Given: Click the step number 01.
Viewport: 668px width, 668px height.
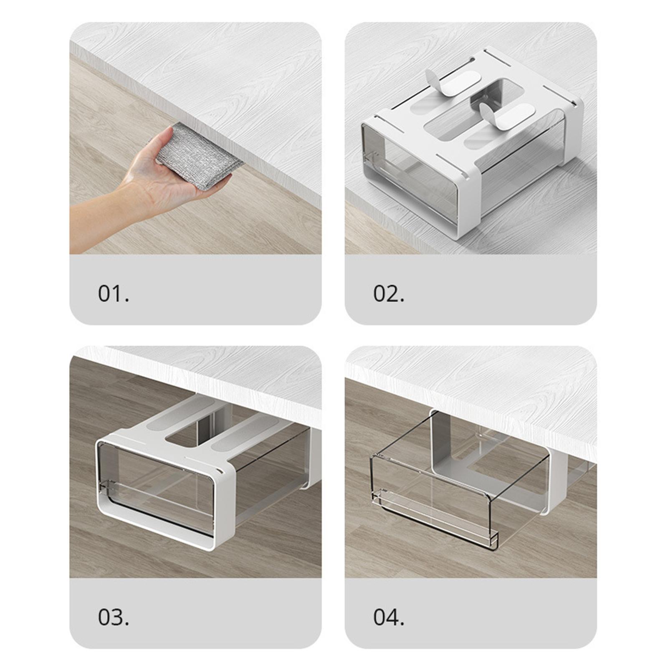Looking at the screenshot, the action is coord(114,294).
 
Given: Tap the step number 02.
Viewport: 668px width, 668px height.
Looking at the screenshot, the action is coord(389,294).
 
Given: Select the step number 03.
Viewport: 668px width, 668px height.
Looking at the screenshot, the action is coord(114,617).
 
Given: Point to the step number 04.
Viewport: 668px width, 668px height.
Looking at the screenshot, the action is coord(389,617).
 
